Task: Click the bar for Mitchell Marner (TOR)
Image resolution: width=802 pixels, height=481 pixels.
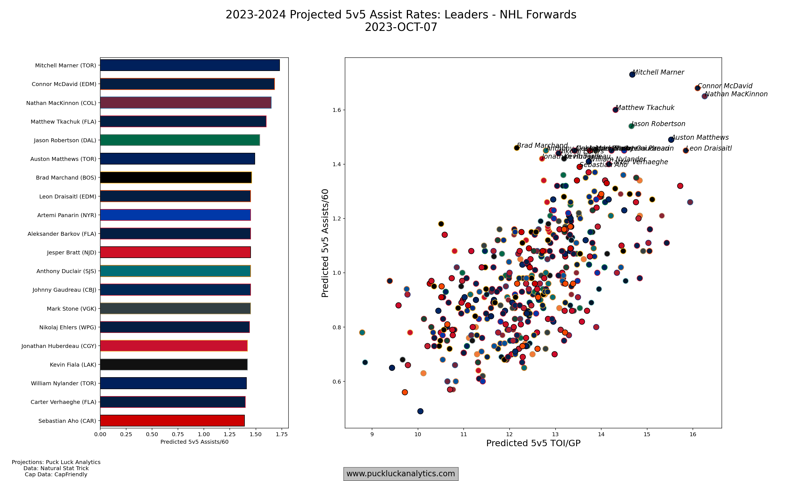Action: pyautogui.click(x=190, y=65)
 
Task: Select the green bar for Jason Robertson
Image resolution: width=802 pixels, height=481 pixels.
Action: pyautogui.click(x=180, y=140)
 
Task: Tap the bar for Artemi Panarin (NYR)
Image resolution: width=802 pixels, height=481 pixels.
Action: pyautogui.click(x=175, y=215)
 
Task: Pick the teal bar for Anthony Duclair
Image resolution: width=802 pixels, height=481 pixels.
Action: pyautogui.click(x=175, y=271)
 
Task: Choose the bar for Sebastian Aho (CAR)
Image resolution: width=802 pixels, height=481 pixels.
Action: pyautogui.click(x=172, y=420)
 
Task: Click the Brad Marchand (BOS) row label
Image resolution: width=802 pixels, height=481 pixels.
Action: pyautogui.click(x=66, y=178)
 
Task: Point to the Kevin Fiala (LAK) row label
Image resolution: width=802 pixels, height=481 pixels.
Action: pyautogui.click(x=73, y=365)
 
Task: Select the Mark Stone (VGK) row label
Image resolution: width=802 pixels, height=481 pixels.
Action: pyautogui.click(x=71, y=309)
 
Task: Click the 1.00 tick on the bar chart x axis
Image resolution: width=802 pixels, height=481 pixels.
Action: pyautogui.click(x=204, y=434)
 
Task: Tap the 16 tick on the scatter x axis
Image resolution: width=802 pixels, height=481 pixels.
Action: pyautogui.click(x=693, y=434)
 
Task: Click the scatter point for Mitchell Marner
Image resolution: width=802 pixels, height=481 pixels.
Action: pyautogui.click(x=632, y=75)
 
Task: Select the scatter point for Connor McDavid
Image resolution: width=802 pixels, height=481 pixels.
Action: pyautogui.click(x=697, y=88)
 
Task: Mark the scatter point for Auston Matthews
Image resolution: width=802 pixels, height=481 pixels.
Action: pyautogui.click(x=671, y=140)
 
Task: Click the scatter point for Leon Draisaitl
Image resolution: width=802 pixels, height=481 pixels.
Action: pyautogui.click(x=686, y=150)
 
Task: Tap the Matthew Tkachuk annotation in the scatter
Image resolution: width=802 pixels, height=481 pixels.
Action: pyautogui.click(x=645, y=108)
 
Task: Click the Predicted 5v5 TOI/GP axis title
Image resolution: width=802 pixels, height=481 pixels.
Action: pyautogui.click(x=533, y=443)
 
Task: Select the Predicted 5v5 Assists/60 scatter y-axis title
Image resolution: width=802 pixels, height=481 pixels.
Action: pyautogui.click(x=325, y=243)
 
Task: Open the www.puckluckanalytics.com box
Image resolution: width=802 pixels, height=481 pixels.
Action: pyautogui.click(x=401, y=474)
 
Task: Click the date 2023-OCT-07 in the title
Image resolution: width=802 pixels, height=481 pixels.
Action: pyautogui.click(x=401, y=27)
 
